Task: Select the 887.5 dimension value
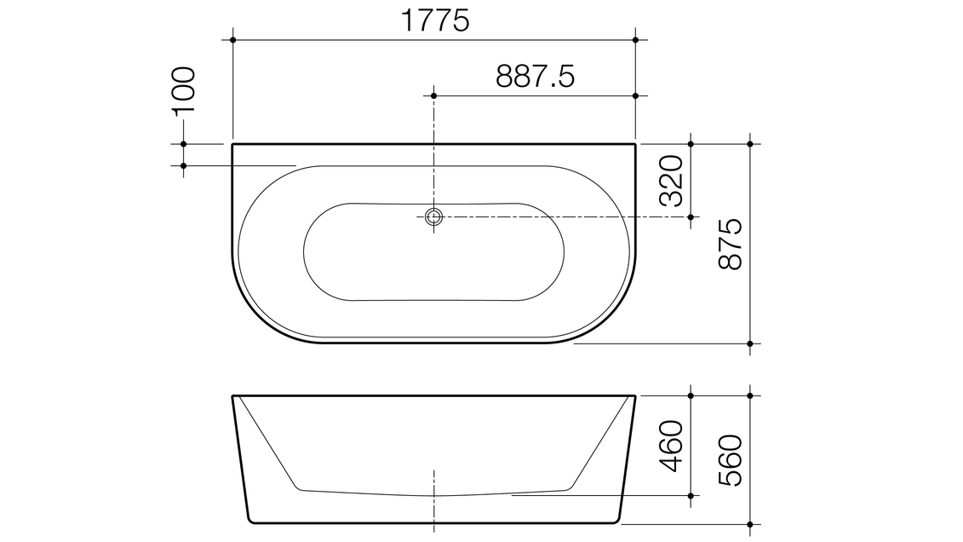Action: click(535, 77)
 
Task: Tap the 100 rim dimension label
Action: click(184, 90)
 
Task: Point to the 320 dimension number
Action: click(672, 181)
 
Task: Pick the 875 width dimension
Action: click(731, 245)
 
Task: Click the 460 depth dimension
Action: click(672, 446)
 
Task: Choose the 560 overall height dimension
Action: click(731, 460)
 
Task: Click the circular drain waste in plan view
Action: click(434, 216)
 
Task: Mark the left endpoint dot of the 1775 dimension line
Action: click(232, 39)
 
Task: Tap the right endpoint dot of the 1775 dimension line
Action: click(636, 39)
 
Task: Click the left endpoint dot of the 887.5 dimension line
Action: click(434, 95)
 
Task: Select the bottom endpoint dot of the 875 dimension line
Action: click(749, 343)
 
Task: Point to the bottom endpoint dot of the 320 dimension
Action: click(691, 216)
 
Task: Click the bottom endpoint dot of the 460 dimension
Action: click(691, 494)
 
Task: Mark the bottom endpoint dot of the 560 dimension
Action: click(749, 523)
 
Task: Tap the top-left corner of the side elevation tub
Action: click(233, 396)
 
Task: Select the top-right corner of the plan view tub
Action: click(635, 145)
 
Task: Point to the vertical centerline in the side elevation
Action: click(434, 503)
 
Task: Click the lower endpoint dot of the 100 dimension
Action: click(184, 164)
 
